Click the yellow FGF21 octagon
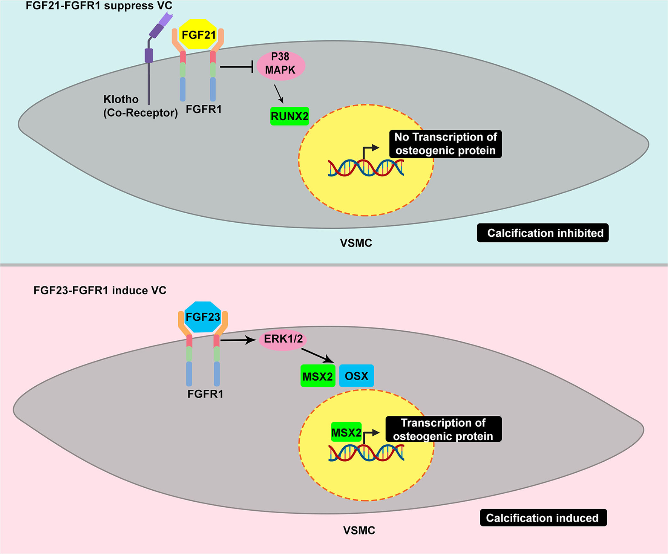pos(198,35)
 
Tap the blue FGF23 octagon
pos(202,317)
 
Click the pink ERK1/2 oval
pos(283,339)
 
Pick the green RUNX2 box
pos(290,116)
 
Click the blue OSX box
pos(356,376)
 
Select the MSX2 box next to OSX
pos(317,376)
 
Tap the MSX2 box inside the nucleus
pos(346,433)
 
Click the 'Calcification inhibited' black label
pos(542,233)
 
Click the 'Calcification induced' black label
pos(543,518)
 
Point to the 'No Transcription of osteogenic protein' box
pos(445,144)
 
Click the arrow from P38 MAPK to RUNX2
pos(279,94)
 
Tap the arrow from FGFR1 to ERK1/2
pos(238,340)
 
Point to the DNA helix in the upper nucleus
pos(366,168)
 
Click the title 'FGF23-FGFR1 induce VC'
pos(100,291)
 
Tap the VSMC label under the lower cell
pos(359,530)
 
